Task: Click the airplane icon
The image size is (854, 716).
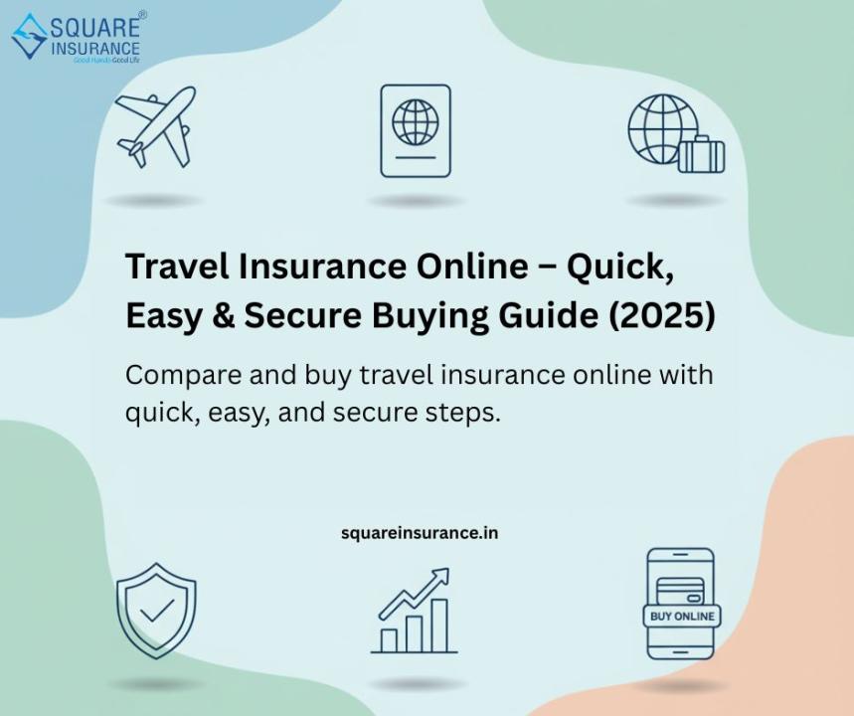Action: tap(156, 127)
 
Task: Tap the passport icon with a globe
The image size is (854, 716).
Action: tap(416, 131)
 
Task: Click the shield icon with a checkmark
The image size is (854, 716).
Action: tap(156, 611)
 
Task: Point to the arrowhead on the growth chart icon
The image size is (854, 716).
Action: tap(440, 577)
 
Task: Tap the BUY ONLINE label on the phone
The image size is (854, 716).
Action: tap(682, 617)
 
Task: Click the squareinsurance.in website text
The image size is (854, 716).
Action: tap(420, 533)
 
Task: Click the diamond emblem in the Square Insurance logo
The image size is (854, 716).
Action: tap(30, 36)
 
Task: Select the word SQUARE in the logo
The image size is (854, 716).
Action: tap(94, 27)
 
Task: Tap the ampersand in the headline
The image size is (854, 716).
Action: tap(224, 316)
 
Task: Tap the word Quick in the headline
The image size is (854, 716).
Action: tap(619, 267)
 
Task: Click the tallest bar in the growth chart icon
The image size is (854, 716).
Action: tap(439, 626)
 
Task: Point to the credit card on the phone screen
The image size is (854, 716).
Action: tap(680, 591)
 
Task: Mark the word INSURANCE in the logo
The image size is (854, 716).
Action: tap(94, 49)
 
